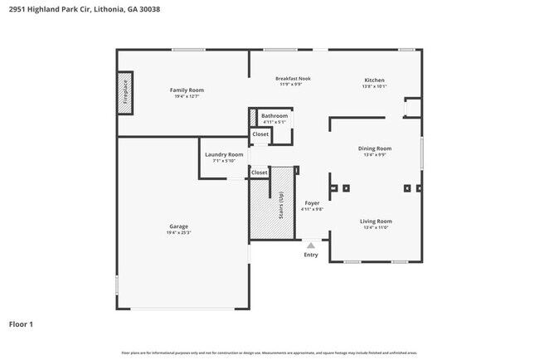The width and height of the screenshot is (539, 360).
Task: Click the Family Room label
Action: coord(187,90)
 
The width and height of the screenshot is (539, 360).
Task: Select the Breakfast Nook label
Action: coord(292,79)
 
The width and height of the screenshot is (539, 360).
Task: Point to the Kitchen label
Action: coord(374,80)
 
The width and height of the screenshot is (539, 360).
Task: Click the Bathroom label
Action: coord(274,115)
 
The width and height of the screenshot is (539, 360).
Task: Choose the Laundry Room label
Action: coord(224,154)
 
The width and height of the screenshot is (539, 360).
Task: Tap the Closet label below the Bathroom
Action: coord(260,134)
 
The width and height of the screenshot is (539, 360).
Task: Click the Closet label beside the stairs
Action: coord(260,173)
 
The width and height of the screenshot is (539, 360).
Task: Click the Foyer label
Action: coord(312,202)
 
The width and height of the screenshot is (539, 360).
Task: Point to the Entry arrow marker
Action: coord(311,246)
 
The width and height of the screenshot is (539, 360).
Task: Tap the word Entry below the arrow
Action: coord(311,255)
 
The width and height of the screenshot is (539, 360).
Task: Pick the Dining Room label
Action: coord(375,148)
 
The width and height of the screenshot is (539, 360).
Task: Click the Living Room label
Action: coord(376,221)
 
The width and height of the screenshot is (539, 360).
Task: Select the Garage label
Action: coord(179,226)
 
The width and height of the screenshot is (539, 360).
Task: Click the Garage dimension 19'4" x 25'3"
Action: coord(179,233)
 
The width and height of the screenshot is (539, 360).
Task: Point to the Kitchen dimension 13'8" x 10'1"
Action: coord(374,86)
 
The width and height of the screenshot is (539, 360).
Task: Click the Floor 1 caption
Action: coord(21,324)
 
